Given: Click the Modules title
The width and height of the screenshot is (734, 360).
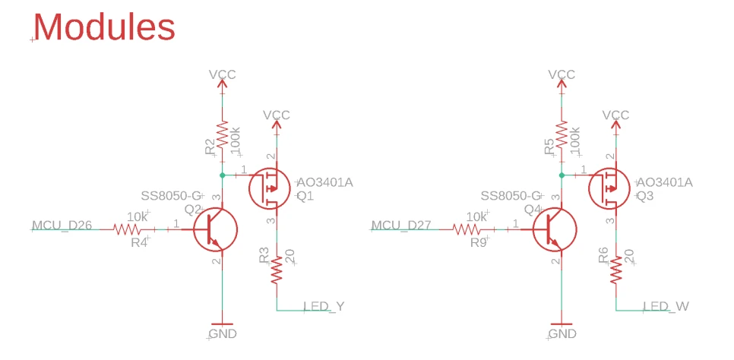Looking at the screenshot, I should click(x=104, y=27).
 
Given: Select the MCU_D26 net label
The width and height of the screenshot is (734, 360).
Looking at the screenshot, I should click(x=62, y=225).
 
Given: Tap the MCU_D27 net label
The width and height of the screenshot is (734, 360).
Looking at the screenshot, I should click(x=402, y=225).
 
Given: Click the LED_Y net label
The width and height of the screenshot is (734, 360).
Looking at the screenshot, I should click(x=324, y=306).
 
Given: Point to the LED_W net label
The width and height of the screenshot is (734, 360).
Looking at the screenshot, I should click(x=666, y=306).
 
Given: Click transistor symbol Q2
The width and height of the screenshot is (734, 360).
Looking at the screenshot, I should click(x=214, y=229).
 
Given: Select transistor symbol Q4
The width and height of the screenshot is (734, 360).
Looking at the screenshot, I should click(x=554, y=229).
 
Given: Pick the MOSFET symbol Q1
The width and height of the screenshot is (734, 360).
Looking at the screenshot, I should click(x=270, y=187).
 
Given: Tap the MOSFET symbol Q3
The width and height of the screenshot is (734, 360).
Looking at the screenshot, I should click(x=609, y=187).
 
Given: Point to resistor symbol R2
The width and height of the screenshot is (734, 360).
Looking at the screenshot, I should click(x=222, y=137).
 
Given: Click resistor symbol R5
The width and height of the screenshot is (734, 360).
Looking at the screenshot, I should click(x=562, y=137).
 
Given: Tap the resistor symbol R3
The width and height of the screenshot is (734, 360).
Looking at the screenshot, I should click(x=277, y=269).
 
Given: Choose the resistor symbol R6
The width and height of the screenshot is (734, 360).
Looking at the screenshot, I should click(x=616, y=269).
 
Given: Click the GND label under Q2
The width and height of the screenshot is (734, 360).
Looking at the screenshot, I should click(x=222, y=333).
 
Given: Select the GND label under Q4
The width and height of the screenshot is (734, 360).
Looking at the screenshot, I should click(x=562, y=333).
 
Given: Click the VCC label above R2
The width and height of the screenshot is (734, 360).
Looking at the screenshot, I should click(x=223, y=74).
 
